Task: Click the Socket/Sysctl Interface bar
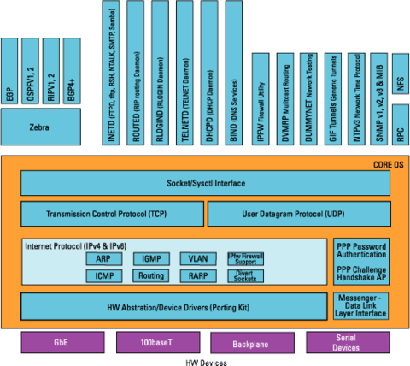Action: coord(204,183)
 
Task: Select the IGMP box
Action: coord(152,257)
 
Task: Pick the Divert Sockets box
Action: coord(246,275)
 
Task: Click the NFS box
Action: coord(398,84)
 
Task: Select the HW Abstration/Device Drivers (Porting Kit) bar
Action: coord(173,304)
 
